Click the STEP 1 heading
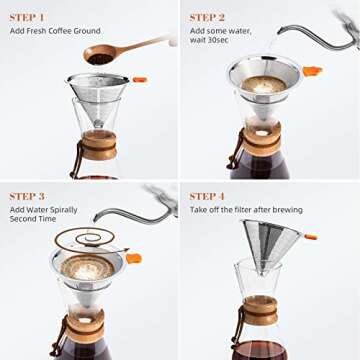pos(29,17)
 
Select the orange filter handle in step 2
pos(313,71)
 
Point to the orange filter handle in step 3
pos(133,259)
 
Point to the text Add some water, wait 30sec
pos(225,39)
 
